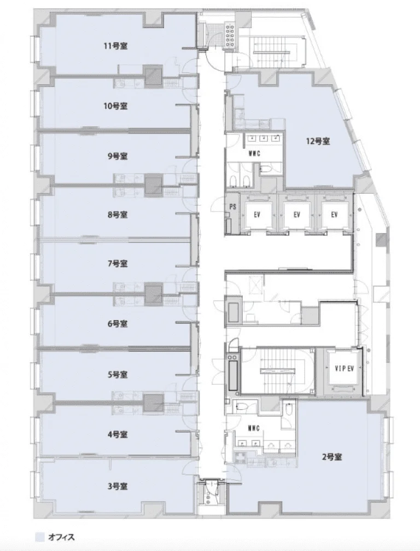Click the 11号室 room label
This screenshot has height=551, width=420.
[115, 46]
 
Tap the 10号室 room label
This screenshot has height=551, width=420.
[115, 106]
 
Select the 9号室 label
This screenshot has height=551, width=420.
[117, 156]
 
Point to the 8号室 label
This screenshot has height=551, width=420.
[117, 214]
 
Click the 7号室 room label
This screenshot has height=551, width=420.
[117, 263]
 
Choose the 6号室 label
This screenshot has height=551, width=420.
[117, 323]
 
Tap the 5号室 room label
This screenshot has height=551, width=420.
[117, 375]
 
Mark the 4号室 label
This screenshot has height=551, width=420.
[117, 434]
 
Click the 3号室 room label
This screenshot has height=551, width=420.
[117, 486]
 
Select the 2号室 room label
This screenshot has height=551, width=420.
[332, 457]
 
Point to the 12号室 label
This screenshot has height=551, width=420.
[318, 141]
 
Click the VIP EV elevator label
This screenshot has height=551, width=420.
[344, 369]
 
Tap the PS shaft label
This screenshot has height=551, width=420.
[232, 207]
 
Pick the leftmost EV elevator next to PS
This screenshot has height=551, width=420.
[257, 214]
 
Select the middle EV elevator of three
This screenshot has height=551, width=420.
[297, 214]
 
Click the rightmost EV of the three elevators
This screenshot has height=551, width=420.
[334, 214]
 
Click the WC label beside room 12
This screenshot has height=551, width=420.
[254, 154]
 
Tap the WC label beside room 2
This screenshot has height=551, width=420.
[254, 428]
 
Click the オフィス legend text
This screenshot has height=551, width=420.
[61, 537]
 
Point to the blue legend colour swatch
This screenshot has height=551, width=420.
[40, 537]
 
